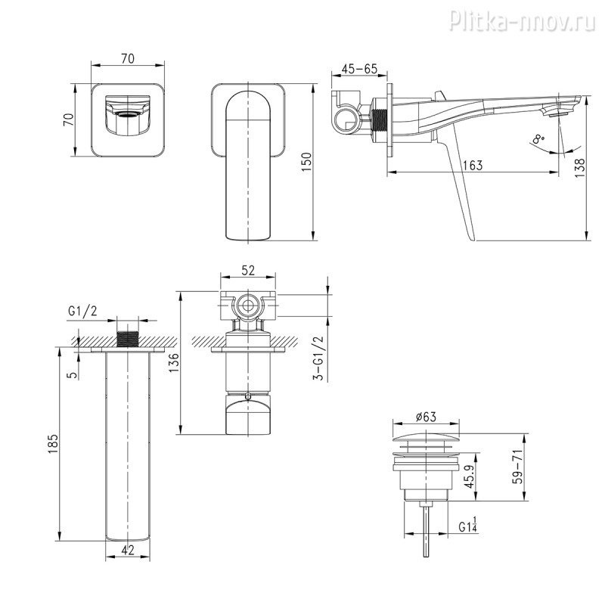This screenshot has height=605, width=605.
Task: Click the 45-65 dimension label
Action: point(358,69)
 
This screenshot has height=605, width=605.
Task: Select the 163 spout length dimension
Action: point(472,165)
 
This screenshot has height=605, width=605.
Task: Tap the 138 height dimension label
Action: point(580,167)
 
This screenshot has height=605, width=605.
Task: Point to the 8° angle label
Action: point(538,139)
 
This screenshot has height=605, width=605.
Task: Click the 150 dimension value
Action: point(306,162)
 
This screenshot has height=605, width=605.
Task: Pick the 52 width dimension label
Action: point(248,271)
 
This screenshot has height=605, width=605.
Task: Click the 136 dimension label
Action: point(173,362)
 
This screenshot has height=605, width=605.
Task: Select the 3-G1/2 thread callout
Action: point(318,358)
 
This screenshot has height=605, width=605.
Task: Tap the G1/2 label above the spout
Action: point(82,310)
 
